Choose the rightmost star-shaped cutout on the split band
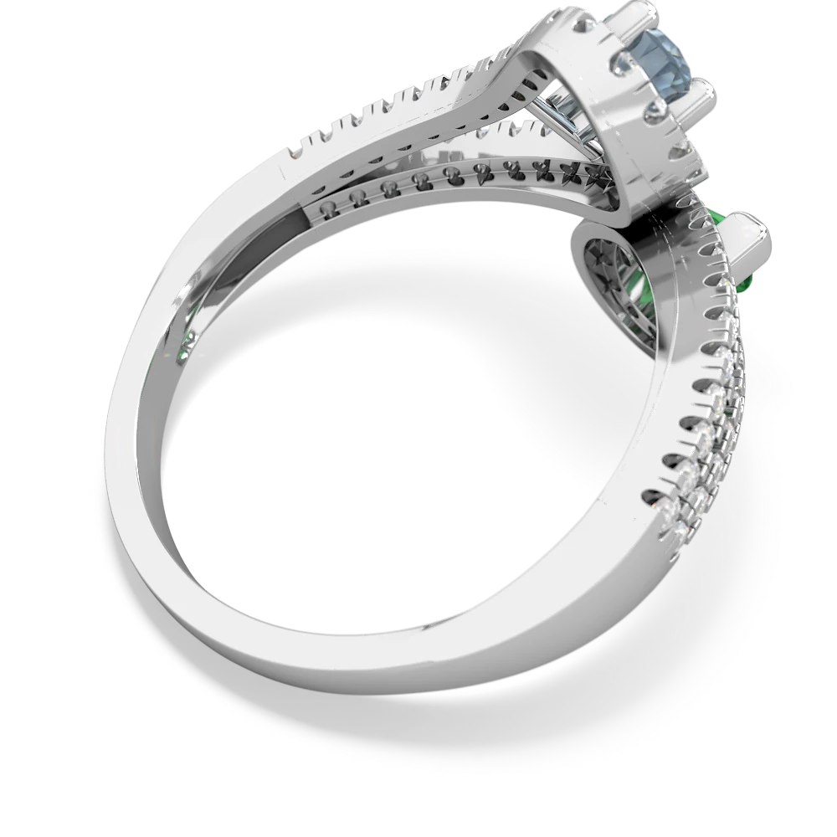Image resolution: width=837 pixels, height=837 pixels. pos(601,178)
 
